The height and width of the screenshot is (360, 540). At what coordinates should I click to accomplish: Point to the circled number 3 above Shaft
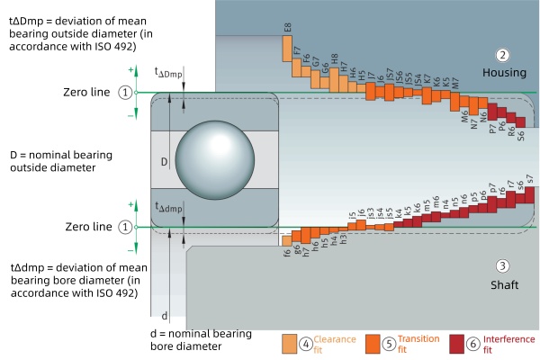[503, 266]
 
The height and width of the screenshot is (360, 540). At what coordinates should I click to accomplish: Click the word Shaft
[503, 285]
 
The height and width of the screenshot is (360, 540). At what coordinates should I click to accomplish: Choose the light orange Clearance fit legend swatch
[289, 343]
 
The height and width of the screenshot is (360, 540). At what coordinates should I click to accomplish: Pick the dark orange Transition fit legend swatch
[373, 343]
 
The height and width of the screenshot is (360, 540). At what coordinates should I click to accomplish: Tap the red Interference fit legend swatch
[456, 343]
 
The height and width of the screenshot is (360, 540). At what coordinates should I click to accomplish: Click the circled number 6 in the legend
[475, 343]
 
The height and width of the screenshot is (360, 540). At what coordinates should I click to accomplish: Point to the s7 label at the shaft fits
[529, 178]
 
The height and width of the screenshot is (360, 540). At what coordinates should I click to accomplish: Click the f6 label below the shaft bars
[287, 253]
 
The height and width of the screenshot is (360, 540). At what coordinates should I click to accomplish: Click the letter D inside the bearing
[164, 162]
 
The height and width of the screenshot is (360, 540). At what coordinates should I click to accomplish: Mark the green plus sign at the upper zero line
[132, 70]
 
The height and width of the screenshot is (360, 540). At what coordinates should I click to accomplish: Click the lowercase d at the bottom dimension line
[164, 316]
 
